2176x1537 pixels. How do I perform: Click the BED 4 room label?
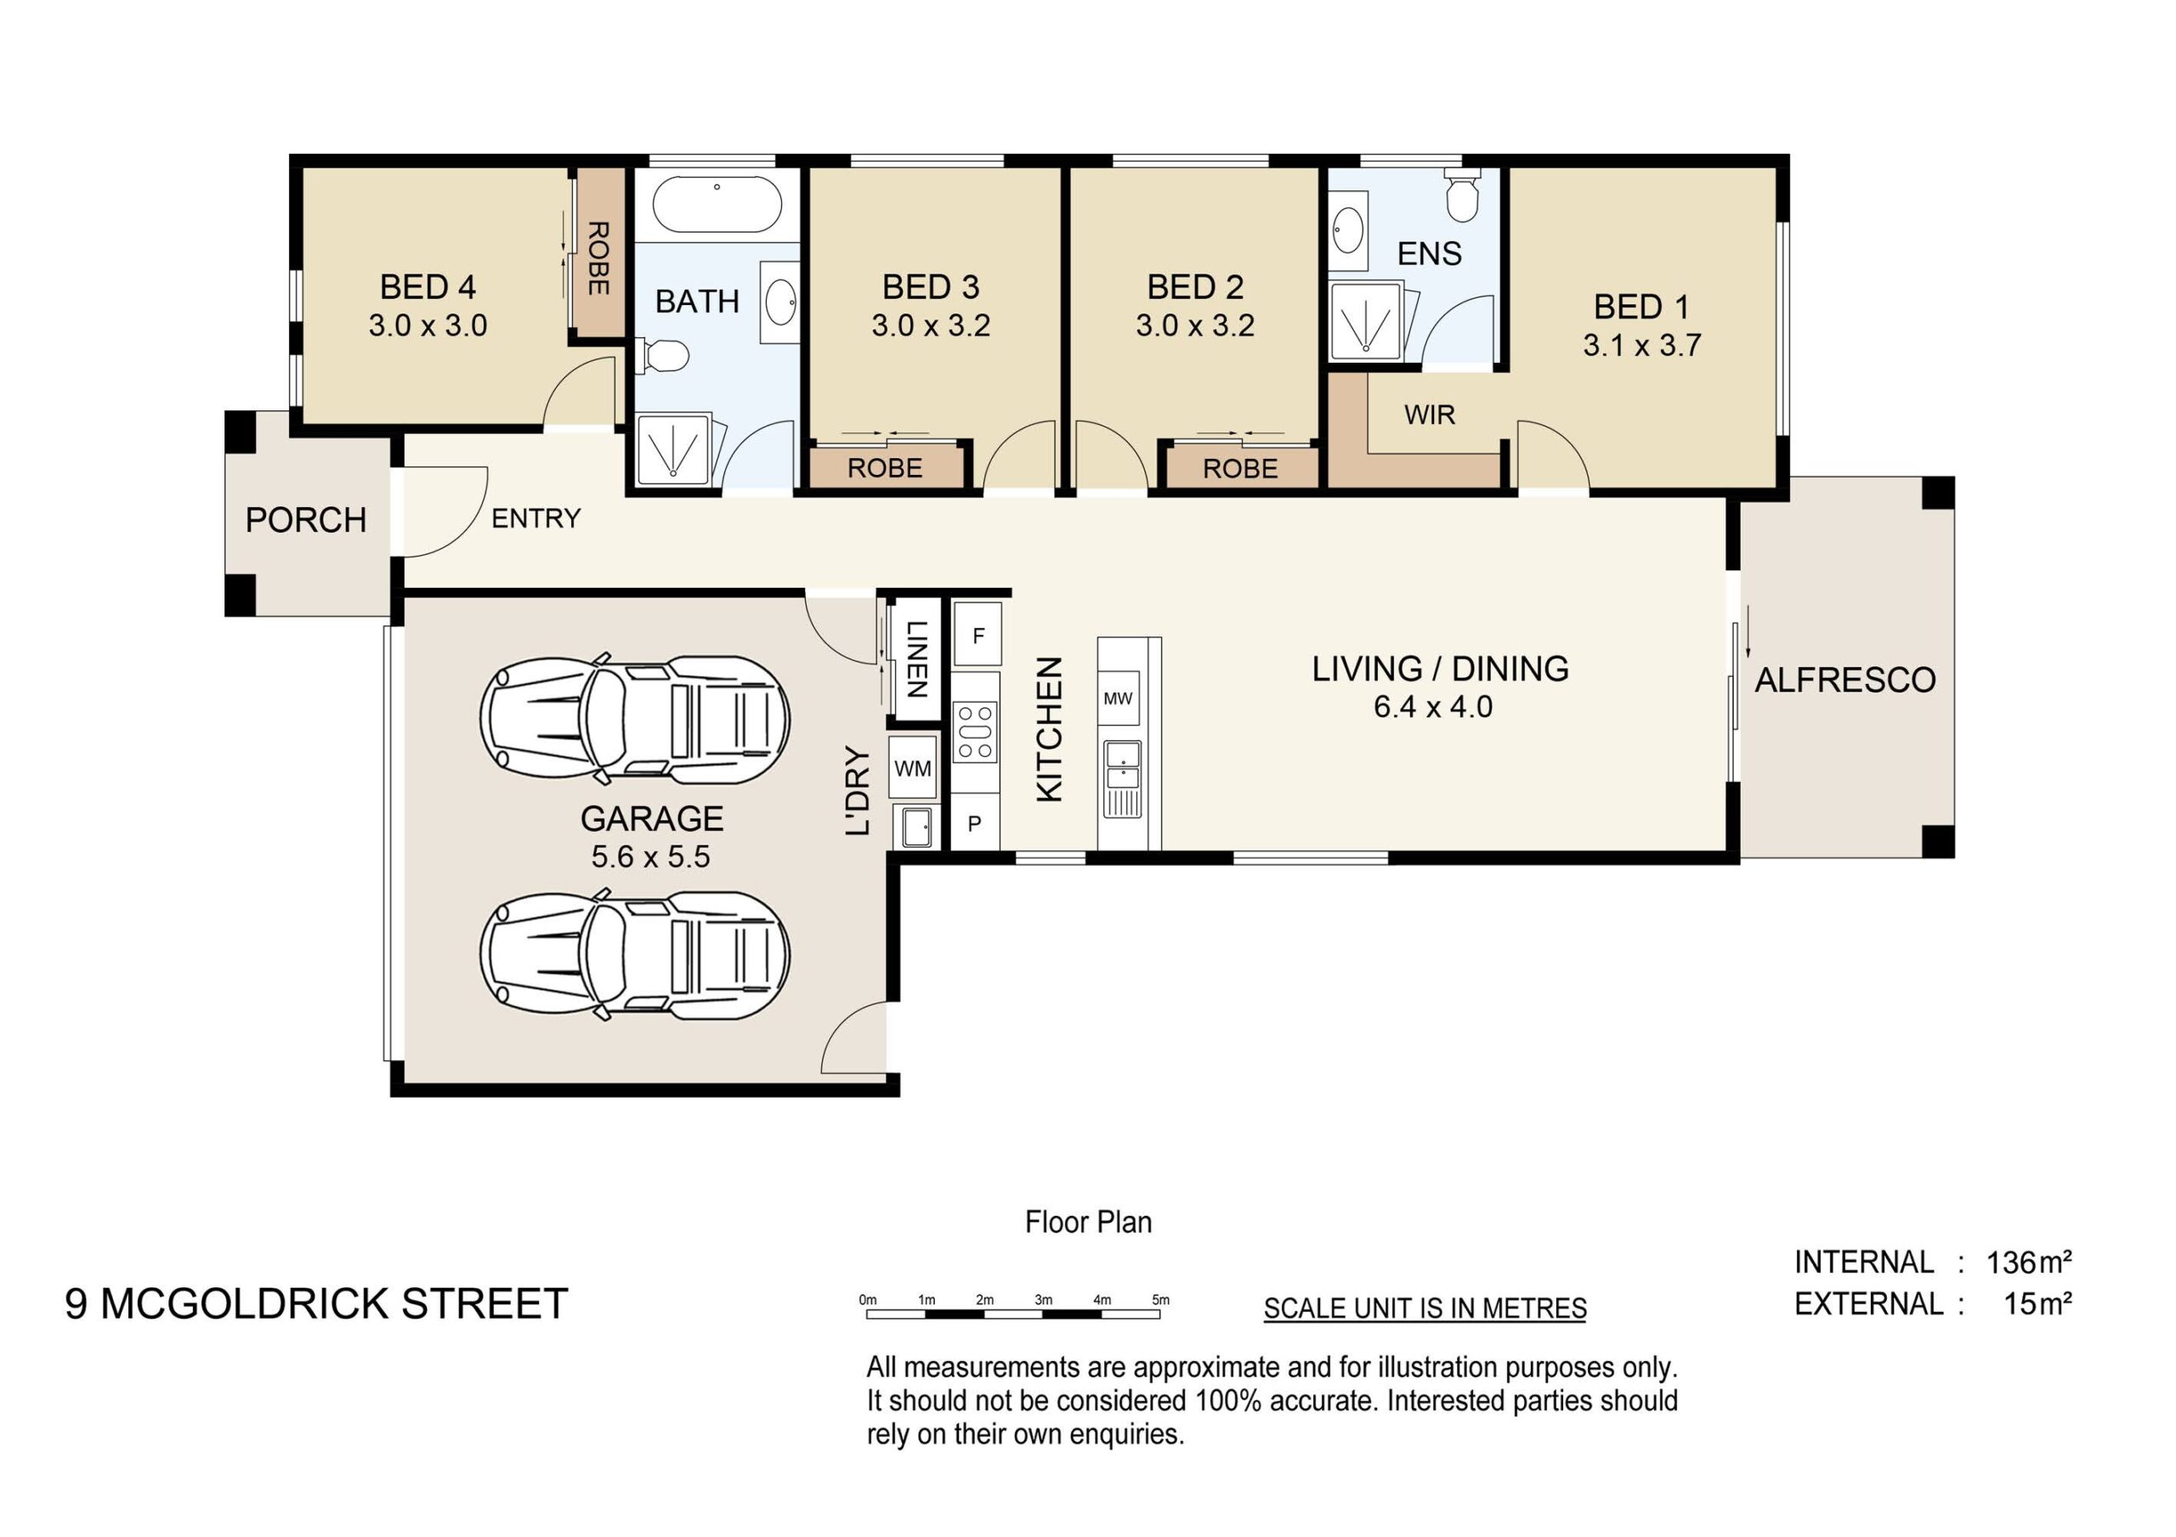click(428, 287)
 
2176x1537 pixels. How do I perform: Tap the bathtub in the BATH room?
click(717, 204)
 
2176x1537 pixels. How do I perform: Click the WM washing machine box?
click(913, 767)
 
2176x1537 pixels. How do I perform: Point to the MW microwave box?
click(1119, 698)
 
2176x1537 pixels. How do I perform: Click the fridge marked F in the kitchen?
click(977, 635)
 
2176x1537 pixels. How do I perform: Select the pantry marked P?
click(974, 824)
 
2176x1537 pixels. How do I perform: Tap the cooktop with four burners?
click(975, 732)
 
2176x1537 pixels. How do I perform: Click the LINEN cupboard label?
click(916, 658)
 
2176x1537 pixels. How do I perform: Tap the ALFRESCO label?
click(1844, 681)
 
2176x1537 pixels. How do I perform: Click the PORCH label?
click(305, 520)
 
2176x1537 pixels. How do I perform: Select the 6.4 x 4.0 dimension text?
click(1433, 707)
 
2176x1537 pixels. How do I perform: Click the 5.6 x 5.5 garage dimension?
click(650, 856)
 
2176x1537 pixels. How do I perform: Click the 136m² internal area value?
click(2029, 1263)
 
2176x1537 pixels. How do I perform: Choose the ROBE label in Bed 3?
click(884, 468)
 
